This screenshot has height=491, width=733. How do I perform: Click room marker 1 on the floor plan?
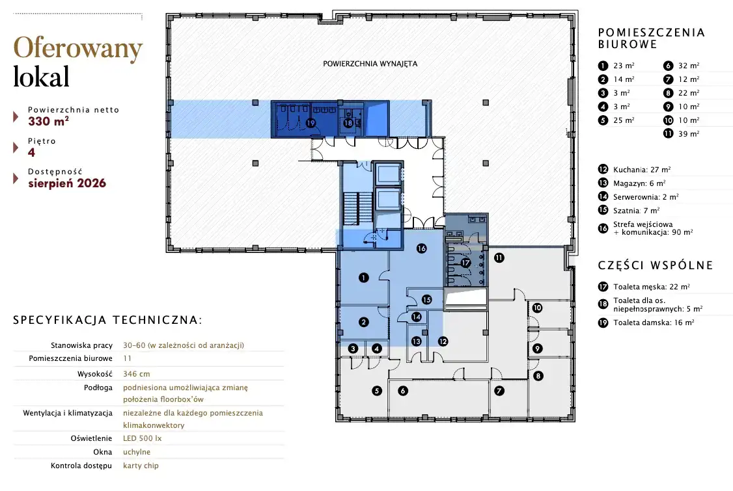pyautogui.click(x=364, y=278)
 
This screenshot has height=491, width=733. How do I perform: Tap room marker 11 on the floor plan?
pyautogui.click(x=499, y=258)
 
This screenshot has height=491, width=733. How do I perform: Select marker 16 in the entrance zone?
pyautogui.click(x=422, y=248)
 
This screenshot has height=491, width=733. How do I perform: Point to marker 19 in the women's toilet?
pyautogui.click(x=311, y=124)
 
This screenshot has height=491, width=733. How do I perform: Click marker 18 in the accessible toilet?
pyautogui.click(x=348, y=124)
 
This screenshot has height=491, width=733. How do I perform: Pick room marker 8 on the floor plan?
pyautogui.click(x=538, y=376)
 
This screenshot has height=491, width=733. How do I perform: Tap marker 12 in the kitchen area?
pyautogui.click(x=443, y=341)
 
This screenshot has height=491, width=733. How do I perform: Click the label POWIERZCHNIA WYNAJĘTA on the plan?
pyautogui.click(x=370, y=64)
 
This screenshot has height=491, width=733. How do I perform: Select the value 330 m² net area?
pyautogui.click(x=49, y=122)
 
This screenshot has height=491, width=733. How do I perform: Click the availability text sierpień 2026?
pyautogui.click(x=67, y=183)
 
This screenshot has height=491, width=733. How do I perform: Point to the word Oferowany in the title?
pyautogui.click(x=78, y=48)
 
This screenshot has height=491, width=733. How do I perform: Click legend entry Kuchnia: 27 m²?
pyautogui.click(x=642, y=170)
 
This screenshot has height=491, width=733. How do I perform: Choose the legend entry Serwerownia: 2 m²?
pyautogui.click(x=646, y=197)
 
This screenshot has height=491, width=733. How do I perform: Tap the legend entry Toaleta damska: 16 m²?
pyautogui.click(x=654, y=323)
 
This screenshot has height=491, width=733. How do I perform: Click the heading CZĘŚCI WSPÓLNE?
pyautogui.click(x=656, y=265)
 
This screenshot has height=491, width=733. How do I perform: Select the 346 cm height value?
pyautogui.click(x=137, y=374)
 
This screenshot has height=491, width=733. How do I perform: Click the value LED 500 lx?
pyautogui.click(x=142, y=438)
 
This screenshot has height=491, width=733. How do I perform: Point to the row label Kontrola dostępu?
pyautogui.click(x=81, y=466)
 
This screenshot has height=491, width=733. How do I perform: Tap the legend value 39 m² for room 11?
pyautogui.click(x=689, y=133)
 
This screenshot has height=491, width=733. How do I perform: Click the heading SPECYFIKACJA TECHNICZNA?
pyautogui.click(x=107, y=320)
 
